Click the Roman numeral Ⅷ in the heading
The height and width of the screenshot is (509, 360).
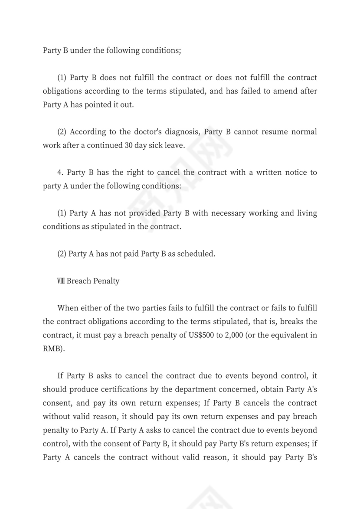click(61, 281)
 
